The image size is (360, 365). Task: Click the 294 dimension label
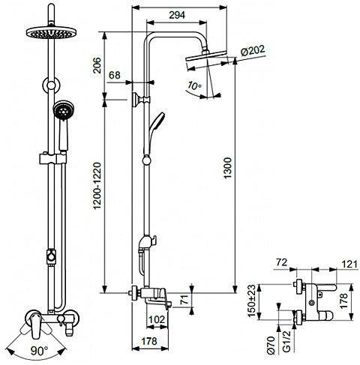coord(177,15)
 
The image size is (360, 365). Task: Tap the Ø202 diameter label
coord(253,51)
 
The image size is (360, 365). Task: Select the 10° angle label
coord(195,85)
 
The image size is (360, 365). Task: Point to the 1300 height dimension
coord(227,168)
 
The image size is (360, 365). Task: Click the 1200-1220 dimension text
coord(97,186)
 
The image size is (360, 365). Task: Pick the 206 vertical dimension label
coord(97,65)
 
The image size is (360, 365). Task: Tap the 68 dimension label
coord(115,75)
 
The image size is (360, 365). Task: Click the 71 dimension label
coord(184,300)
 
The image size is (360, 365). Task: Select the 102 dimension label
coord(157,319)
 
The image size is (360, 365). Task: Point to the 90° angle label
coord(40,351)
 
